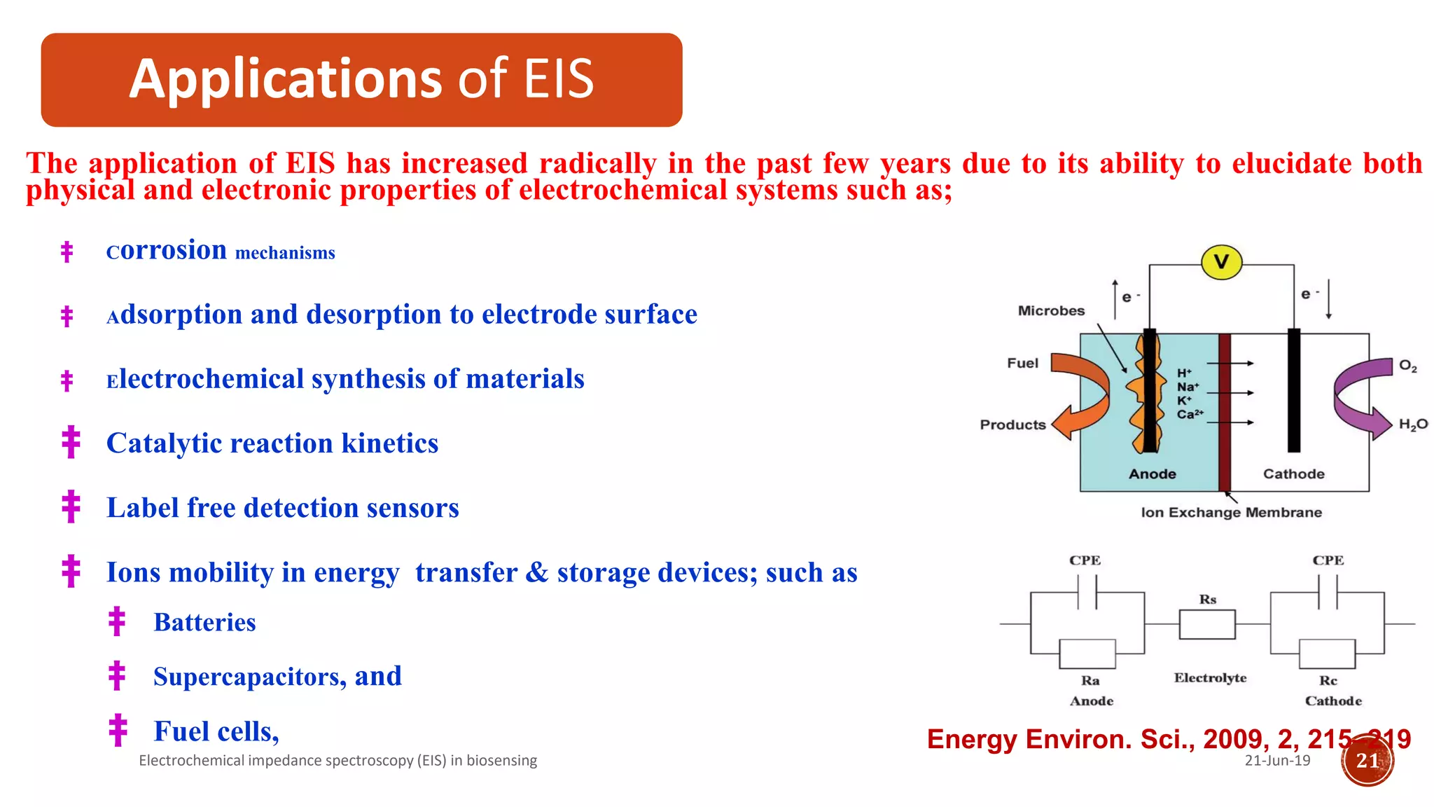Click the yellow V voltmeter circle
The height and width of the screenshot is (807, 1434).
click(1221, 262)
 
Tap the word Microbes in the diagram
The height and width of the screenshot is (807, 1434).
click(1051, 310)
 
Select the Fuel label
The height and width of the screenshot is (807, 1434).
click(1022, 363)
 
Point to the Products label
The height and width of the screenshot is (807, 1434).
click(1012, 425)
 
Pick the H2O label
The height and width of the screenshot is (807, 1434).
click(1412, 424)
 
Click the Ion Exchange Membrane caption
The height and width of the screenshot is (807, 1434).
click(1231, 512)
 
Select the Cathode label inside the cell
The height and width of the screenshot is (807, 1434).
click(1293, 474)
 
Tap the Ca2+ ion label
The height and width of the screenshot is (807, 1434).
click(1190, 414)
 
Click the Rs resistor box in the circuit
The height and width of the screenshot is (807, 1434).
click(1207, 624)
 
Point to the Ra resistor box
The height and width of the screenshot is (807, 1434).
click(1087, 654)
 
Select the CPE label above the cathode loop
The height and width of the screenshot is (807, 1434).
click(1328, 560)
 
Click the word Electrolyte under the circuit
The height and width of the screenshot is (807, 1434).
click(1210, 677)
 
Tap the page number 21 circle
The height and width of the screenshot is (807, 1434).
click(1367, 761)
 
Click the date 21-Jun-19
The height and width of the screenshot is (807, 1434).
click(1277, 761)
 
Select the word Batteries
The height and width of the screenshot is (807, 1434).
click(204, 622)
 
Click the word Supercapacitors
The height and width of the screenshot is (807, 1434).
click(249, 677)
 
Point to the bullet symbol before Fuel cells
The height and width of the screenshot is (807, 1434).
click(118, 730)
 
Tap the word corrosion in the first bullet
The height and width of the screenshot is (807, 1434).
click(167, 250)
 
